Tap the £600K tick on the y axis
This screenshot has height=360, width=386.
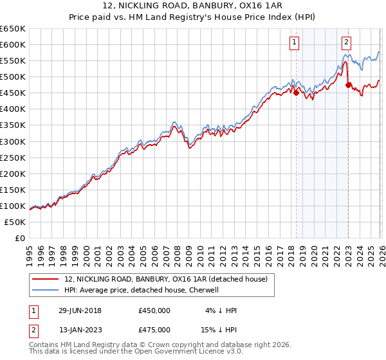click(x=13, y=45)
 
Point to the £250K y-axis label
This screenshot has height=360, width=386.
click(x=13, y=157)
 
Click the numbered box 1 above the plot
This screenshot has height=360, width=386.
click(x=294, y=43)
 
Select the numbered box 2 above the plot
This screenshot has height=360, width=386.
click(x=346, y=43)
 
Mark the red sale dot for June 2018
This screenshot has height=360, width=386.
click(x=296, y=93)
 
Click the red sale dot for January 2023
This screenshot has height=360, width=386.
click(x=348, y=85)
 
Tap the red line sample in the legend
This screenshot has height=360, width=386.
click(x=46, y=278)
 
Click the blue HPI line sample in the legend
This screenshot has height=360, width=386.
click(x=46, y=290)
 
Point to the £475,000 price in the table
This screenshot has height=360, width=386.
click(x=154, y=330)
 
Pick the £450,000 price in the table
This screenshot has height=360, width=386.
click(x=154, y=310)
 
